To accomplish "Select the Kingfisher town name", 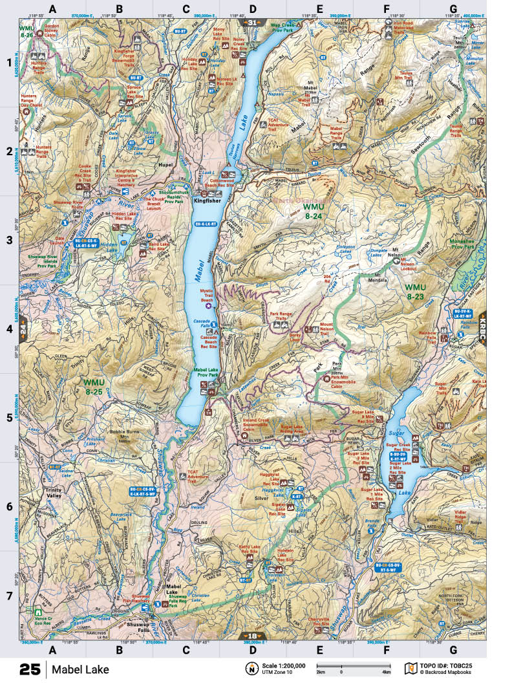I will click(206, 201).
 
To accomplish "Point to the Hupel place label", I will click(168, 166).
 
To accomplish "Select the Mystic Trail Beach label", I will click(206, 295).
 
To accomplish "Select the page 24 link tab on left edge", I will click(23, 328).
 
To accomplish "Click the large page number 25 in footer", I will click(32, 669).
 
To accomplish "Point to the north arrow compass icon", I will click(250, 668).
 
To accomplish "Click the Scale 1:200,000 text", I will click(284, 665).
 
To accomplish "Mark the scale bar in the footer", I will click(353, 667).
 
